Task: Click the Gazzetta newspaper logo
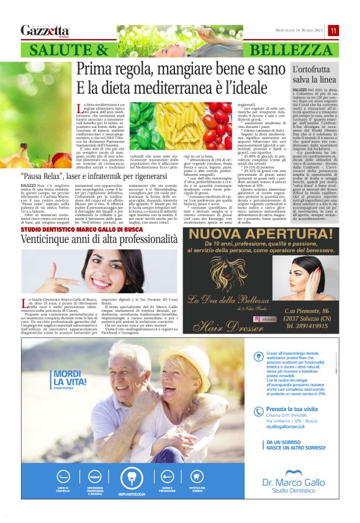coord(45,30)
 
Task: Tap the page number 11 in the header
coord(333,30)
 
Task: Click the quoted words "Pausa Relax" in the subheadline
coord(48,175)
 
